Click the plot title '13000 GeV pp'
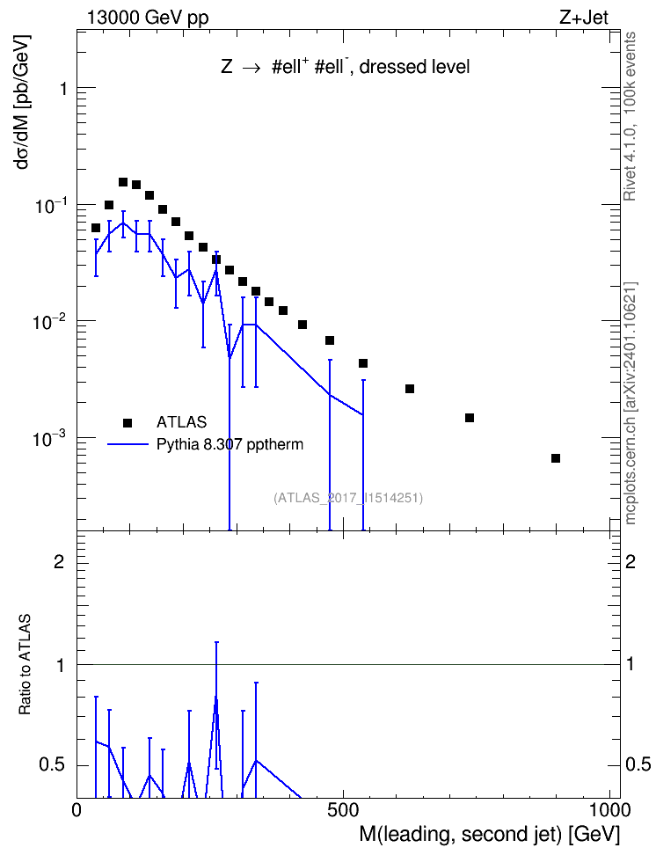(148, 18)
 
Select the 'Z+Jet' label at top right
(584, 18)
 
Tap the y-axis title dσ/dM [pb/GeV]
(24, 102)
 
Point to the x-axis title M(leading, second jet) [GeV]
(489, 834)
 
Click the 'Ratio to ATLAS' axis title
(25, 664)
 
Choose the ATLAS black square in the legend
(128, 422)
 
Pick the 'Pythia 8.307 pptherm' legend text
(230, 444)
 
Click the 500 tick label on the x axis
(343, 810)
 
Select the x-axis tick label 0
(77, 810)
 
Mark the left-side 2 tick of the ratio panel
(59, 561)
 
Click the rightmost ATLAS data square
(556, 458)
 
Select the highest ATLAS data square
(123, 181)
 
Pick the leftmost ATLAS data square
(96, 227)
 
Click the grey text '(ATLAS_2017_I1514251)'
(348, 497)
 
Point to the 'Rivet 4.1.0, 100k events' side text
(630, 116)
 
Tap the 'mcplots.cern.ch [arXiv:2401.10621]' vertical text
(630, 403)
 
